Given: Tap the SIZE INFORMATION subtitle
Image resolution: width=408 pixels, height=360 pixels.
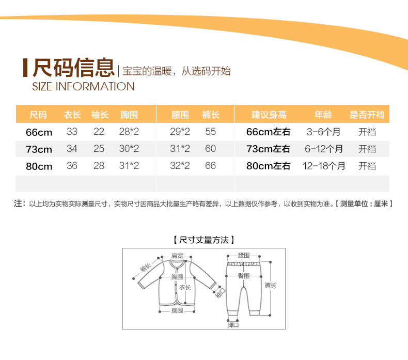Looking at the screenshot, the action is pos(83,86).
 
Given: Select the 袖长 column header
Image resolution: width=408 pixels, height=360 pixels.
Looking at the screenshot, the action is pos(100,115).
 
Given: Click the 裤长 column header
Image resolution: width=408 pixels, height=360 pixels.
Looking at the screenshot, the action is pos(211,115).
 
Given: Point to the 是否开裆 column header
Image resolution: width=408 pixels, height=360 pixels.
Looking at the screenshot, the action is pos(367,115).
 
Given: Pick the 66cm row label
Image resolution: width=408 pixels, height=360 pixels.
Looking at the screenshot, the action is pos(39,132).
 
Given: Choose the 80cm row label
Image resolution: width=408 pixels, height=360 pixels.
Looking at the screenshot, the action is pos(39,166).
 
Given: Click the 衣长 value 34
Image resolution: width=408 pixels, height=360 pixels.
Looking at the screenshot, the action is pos(72,149).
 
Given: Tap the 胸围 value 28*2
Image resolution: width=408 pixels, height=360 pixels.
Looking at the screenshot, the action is pos(129,132).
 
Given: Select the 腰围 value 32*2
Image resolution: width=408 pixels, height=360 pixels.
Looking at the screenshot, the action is pos(180,166).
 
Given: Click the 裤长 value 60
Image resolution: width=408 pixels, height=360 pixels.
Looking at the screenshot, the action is pos(210,149).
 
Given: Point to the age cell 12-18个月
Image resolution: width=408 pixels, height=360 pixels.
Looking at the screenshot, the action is pos(324,166).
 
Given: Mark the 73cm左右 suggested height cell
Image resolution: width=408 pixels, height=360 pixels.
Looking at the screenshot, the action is pos(268,149).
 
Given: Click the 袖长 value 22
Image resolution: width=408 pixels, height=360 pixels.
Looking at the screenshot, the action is pos(99,132).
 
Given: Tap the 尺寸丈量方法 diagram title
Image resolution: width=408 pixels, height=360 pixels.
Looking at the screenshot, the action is pos(204,240).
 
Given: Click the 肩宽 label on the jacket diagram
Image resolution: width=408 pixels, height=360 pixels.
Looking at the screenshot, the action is pos(177,256).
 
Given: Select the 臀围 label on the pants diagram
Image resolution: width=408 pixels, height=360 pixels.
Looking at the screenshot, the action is pos(244,276).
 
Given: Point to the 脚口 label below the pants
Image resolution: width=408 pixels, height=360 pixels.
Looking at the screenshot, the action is pos(233,325).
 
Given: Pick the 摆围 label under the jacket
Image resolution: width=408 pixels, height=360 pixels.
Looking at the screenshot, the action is pos(177,310).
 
